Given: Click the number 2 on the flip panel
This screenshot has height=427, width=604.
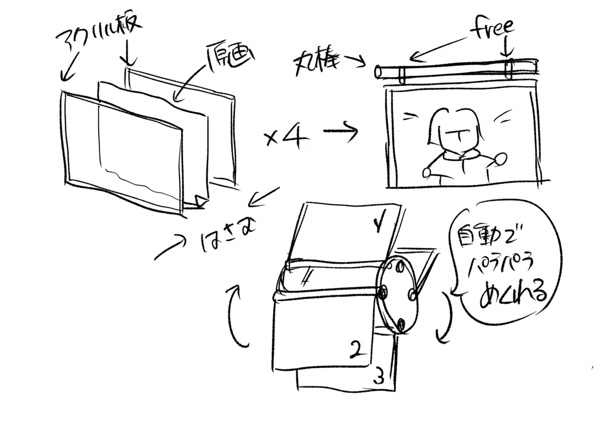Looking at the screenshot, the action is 356,349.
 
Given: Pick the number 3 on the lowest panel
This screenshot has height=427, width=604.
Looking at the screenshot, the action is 381,376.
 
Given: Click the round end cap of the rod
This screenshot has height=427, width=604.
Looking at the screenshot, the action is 379,72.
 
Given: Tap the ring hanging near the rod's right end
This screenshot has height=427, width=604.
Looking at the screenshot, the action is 510,70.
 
